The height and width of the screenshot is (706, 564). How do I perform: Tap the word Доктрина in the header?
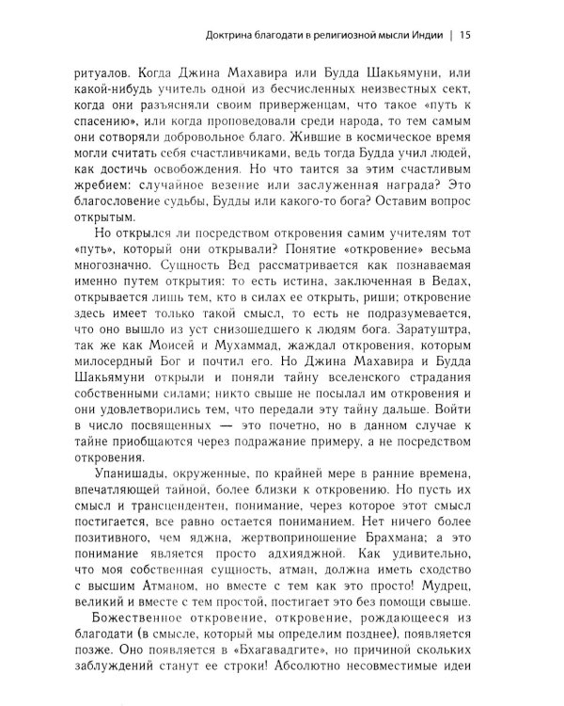[229, 38]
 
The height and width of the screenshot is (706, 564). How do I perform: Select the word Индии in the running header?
[426, 38]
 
